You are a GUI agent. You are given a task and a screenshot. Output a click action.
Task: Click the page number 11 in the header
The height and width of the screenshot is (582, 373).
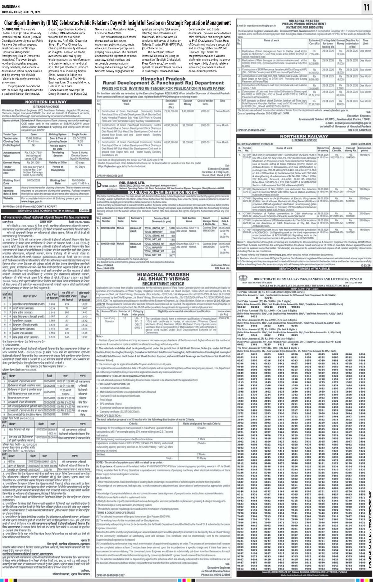pos(366,8)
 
